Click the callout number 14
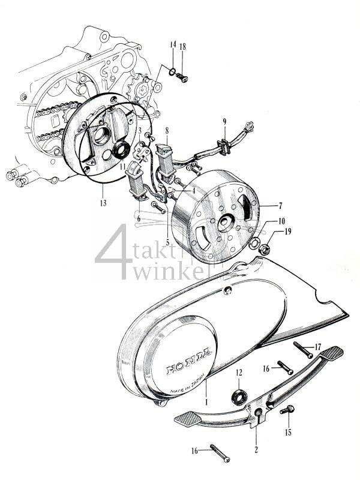(x=173, y=45)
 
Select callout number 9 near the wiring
(x=224, y=122)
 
